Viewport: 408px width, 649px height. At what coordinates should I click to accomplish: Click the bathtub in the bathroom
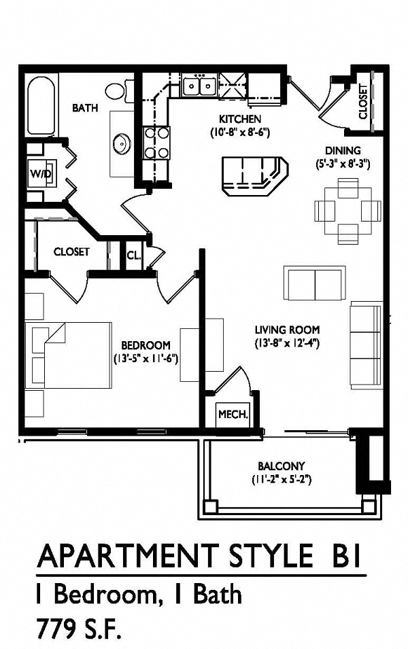pyautogui.click(x=41, y=106)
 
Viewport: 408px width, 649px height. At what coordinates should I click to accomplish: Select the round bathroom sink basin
pyautogui.click(x=121, y=143)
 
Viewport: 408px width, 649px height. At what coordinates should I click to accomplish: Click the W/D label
pyautogui.click(x=40, y=173)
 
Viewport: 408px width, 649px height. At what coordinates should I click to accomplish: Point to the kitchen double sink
pyautogui.click(x=200, y=86)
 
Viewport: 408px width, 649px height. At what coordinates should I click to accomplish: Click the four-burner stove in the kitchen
pyautogui.click(x=156, y=143)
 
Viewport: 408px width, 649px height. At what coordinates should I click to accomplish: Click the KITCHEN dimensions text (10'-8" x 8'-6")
pyautogui.click(x=240, y=133)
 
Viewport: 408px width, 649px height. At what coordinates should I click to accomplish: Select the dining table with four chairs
pyautogui.click(x=347, y=211)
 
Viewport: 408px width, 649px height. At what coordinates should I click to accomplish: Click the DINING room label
pyautogui.click(x=343, y=151)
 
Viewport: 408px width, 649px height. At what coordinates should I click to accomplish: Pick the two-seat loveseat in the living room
pyautogui.click(x=315, y=283)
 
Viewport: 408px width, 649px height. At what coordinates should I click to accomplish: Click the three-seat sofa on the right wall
pyautogui.click(x=366, y=345)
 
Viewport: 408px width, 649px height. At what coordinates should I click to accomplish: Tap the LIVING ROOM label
pyautogui.click(x=287, y=330)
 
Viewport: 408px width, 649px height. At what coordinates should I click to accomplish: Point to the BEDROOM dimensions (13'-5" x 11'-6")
pyautogui.click(x=146, y=358)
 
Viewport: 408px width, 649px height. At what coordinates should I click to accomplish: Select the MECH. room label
pyautogui.click(x=233, y=414)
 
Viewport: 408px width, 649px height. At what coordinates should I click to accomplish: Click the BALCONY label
pyautogui.click(x=282, y=466)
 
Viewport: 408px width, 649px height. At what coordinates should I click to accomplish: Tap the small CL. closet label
pyautogui.click(x=134, y=256)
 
